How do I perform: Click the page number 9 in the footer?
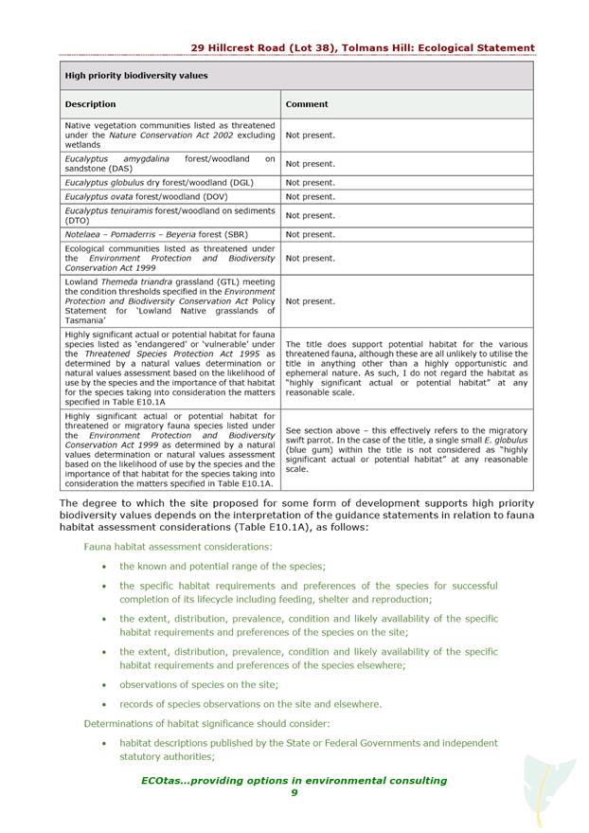[x=294, y=793]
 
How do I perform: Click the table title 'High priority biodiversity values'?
[x=135, y=75]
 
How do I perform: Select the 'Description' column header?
[x=91, y=104]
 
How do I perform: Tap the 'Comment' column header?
[x=307, y=104]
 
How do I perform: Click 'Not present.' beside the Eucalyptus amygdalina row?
[x=311, y=164]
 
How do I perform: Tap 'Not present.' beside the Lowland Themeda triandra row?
[x=311, y=301]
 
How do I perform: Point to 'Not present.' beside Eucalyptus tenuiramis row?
[x=311, y=215]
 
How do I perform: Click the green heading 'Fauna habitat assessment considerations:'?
[x=178, y=546]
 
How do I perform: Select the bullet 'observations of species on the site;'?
[x=199, y=684]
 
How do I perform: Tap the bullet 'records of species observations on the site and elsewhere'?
[x=250, y=704]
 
